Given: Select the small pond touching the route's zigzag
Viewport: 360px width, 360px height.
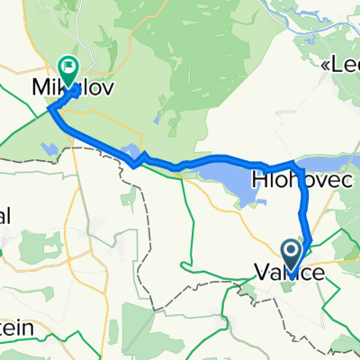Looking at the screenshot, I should [x=130, y=150].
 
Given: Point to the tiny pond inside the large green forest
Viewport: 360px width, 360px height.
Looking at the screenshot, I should [x=157, y=119].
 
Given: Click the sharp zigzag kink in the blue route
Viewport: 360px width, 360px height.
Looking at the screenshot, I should [x=135, y=163].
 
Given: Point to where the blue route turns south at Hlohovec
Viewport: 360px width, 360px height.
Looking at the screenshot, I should [x=296, y=164].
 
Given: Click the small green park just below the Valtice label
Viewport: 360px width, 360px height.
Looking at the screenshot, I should [x=287, y=286].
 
